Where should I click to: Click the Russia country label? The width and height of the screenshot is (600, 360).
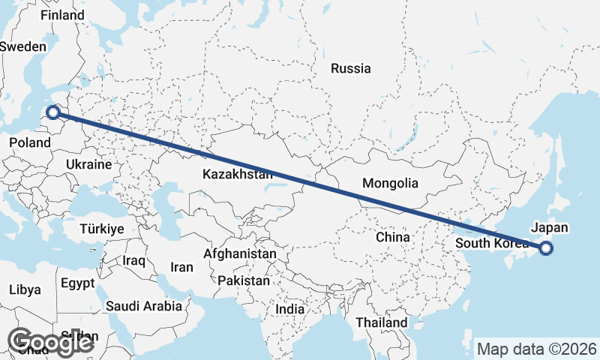point(350,68)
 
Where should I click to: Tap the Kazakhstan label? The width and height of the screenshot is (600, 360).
point(237,174)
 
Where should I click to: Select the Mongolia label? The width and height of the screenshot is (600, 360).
point(390,183)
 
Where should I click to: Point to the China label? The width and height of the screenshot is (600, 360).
point(393,237)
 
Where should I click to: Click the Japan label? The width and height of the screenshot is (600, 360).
point(549,227)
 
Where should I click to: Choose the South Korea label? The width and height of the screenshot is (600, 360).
point(492,243)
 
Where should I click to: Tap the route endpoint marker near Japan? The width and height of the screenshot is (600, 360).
point(546,248)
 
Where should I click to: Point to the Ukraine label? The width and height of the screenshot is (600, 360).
point(88,164)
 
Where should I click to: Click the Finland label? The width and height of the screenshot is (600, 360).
point(62,15)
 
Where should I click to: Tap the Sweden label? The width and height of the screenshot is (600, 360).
point(22,46)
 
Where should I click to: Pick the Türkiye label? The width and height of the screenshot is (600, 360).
point(103,229)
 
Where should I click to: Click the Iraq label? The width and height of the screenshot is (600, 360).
point(133,260)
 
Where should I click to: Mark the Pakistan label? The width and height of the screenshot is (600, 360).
point(244,281)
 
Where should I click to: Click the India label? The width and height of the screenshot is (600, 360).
point(290,309)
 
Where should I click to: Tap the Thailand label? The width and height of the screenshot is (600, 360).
point(382,322)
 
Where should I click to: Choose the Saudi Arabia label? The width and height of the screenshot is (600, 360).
point(143,306)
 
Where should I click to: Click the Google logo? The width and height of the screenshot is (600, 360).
point(50,342)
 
